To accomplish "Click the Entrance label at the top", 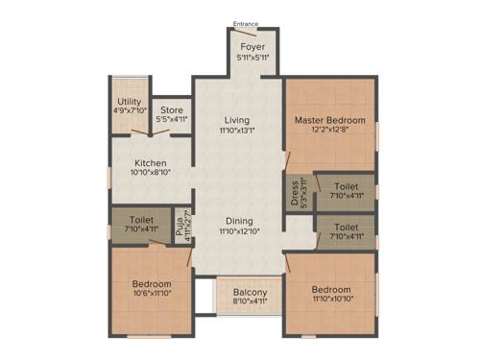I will point(246,24).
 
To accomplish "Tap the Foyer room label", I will point(252,46).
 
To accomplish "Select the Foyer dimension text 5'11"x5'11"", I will point(252,58).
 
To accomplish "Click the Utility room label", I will point(128,101).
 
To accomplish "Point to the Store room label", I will point(172,110).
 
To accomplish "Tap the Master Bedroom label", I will point(328,120).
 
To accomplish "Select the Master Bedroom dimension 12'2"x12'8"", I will point(328,132).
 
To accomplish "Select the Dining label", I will point(237,220).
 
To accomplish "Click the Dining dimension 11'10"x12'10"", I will point(237,231).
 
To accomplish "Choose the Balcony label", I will point(250,293).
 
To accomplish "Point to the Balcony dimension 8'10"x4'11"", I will point(250,304).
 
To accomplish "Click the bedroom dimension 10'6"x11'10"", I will point(152,296).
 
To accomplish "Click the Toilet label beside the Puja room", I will point(139,220).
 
